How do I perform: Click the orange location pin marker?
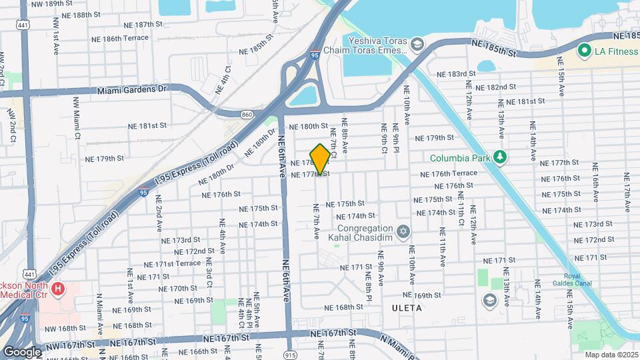[320, 159]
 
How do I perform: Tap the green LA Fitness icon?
[585, 51]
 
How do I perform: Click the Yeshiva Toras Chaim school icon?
[417, 45]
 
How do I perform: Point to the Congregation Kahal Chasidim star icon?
[402, 232]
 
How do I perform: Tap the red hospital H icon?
[58, 289]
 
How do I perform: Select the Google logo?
[21, 351]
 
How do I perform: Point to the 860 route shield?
[247, 115]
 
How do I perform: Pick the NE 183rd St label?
[456, 74]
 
